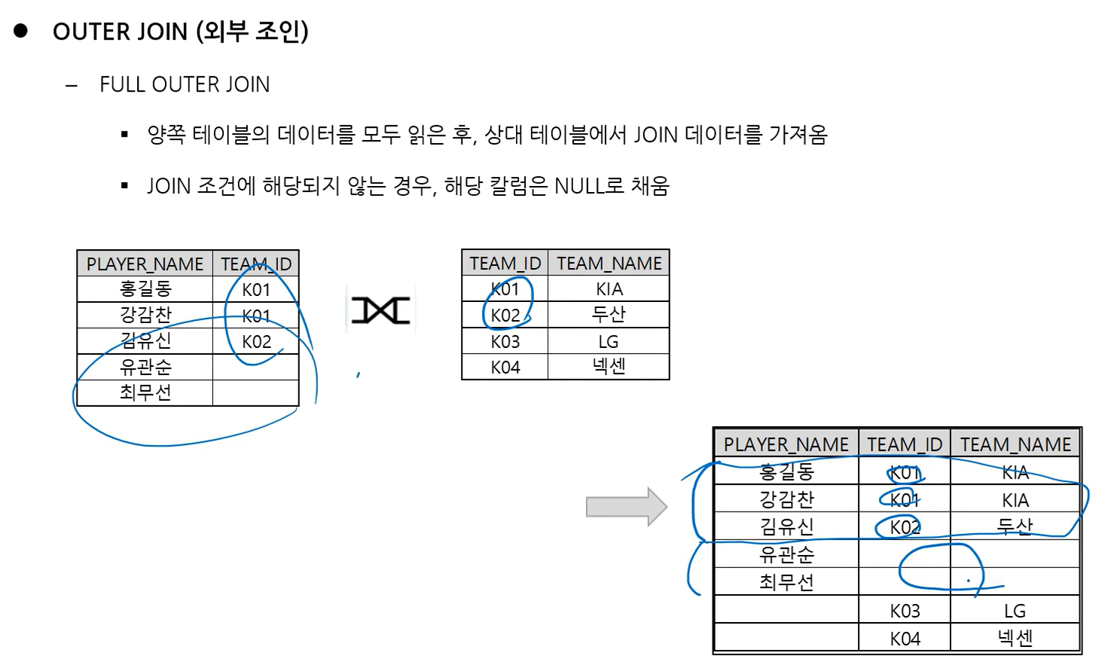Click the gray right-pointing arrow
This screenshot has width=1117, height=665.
[x=626, y=507]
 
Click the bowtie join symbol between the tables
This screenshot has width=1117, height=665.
[x=381, y=310]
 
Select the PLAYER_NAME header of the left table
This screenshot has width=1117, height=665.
[x=145, y=264]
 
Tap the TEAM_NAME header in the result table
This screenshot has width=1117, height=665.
[x=1015, y=444]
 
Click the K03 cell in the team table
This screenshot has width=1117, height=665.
[x=505, y=342]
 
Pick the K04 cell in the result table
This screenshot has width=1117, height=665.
[x=905, y=639]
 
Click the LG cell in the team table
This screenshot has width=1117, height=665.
[x=609, y=342]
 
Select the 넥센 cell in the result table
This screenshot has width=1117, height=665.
[x=1015, y=639]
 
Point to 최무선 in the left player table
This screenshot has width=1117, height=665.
[x=145, y=392]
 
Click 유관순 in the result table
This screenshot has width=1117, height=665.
[x=786, y=555]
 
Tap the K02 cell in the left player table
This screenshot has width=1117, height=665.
[x=256, y=342]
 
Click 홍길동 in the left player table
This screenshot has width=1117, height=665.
[x=145, y=289]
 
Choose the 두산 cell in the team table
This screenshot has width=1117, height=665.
[x=609, y=315]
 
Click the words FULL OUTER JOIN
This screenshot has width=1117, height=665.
[x=185, y=84]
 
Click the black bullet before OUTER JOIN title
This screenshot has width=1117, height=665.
[x=21, y=31]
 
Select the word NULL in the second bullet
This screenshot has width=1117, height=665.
[x=578, y=186]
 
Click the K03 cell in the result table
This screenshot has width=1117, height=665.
[x=905, y=611]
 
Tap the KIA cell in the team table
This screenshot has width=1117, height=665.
[x=609, y=289]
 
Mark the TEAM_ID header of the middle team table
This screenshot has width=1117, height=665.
[x=505, y=264]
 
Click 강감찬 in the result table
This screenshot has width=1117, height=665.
[x=786, y=499]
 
